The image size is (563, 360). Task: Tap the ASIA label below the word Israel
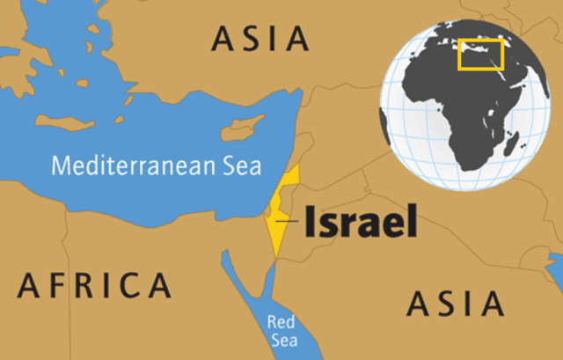[x=455, y=304]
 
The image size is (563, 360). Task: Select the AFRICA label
[x=94, y=284]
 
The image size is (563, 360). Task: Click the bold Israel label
[x=361, y=221]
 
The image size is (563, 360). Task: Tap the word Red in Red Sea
[x=281, y=322]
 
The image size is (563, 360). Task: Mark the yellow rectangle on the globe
[x=480, y=55]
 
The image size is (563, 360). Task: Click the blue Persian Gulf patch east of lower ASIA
[x=555, y=261]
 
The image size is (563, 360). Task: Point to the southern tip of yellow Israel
[x=275, y=256]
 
